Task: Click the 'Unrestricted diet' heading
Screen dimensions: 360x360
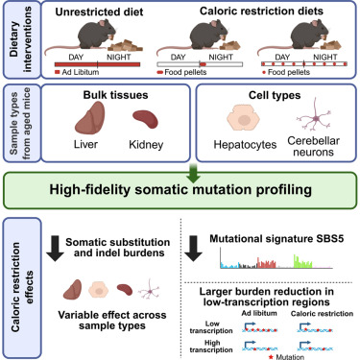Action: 99,12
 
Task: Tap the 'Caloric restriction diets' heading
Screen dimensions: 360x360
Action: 261,11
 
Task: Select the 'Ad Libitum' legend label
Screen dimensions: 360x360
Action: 81,72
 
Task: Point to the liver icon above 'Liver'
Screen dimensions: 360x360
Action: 89,118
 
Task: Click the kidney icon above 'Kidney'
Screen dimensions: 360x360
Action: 145,119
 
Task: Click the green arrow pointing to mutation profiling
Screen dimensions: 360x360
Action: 193,173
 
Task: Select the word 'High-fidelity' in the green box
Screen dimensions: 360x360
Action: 89,189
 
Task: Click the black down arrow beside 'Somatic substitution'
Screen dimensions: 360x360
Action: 55,249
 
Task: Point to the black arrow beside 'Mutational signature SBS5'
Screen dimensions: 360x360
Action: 193,249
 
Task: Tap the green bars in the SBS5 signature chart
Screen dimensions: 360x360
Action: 302,262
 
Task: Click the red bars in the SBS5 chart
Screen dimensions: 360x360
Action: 267,262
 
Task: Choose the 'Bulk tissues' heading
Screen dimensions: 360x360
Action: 115,95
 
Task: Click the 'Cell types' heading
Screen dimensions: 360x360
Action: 275,95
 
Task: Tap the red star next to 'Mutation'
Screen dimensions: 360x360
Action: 272,357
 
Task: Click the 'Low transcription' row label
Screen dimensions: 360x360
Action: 211,327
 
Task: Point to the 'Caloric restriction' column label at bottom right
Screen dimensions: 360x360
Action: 322,314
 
